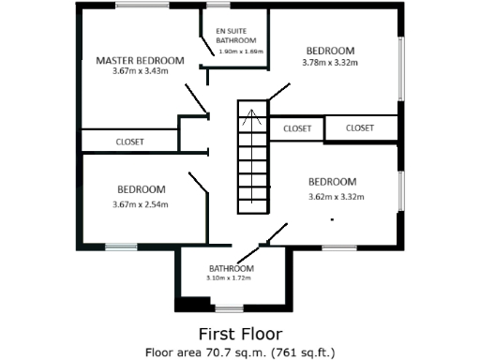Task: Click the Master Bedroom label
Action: click(141, 60)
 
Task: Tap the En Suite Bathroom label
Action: click(235, 36)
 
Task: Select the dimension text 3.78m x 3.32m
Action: click(333, 63)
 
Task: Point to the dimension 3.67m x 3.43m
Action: click(141, 71)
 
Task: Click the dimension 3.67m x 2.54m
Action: click(141, 204)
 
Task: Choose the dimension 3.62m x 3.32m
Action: click(336, 197)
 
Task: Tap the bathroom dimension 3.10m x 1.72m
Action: click(231, 278)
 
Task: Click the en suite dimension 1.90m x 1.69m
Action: click(241, 52)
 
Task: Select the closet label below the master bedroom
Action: click(129, 142)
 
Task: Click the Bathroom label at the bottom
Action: click(232, 268)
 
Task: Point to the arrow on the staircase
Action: click(250, 117)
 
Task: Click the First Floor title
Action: click(240, 333)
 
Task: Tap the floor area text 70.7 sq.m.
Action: click(240, 352)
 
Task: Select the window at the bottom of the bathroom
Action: click(230, 307)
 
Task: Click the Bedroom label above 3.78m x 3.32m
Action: click(332, 51)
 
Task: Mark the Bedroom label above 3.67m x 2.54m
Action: click(141, 189)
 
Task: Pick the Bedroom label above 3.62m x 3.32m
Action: click(333, 182)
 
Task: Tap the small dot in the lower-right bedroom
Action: click(332, 219)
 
